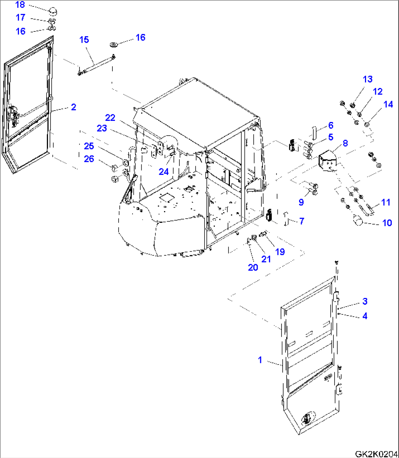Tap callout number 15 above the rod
click(x=84, y=39)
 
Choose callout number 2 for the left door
click(x=74, y=107)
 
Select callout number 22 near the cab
click(x=110, y=118)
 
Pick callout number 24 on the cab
click(x=163, y=171)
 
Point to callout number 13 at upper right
click(x=368, y=79)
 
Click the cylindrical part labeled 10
click(x=357, y=221)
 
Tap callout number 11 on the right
click(x=385, y=202)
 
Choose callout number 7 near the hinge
click(x=301, y=221)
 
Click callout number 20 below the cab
click(x=253, y=267)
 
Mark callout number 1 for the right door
click(x=260, y=360)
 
